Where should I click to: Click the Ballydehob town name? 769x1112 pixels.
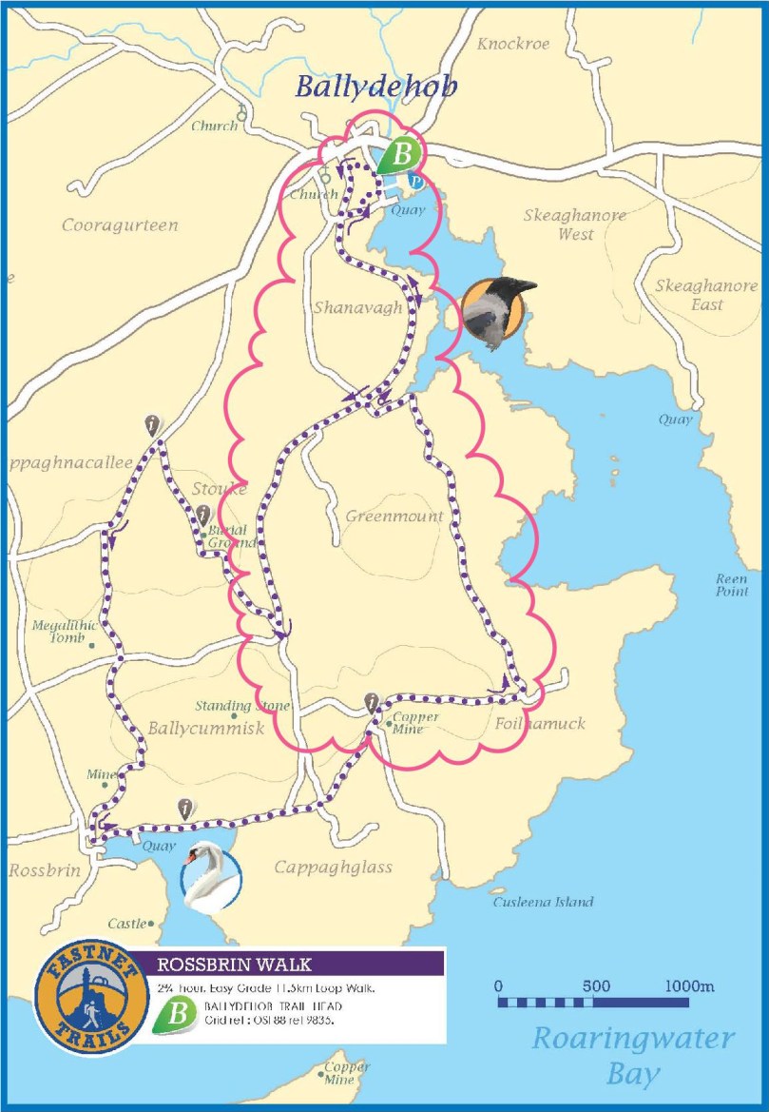click(375, 87)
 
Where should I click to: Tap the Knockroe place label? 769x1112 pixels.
click(513, 44)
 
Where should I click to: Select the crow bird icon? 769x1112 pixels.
click(494, 311)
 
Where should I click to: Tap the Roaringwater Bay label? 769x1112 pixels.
click(633, 1054)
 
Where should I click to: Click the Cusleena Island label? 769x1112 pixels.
click(542, 902)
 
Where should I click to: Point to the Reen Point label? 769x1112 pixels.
click(732, 585)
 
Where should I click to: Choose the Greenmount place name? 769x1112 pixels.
click(394, 516)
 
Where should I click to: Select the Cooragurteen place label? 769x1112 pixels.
click(120, 225)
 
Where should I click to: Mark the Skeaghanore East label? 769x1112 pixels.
click(706, 295)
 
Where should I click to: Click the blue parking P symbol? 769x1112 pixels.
click(415, 180)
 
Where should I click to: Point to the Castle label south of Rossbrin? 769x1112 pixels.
click(127, 924)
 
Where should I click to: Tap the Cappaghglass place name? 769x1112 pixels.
click(333, 868)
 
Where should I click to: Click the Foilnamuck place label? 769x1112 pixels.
click(540, 724)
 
